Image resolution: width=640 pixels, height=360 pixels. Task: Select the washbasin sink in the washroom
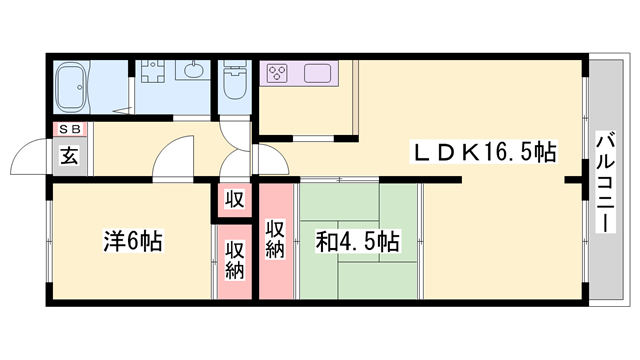(191, 71)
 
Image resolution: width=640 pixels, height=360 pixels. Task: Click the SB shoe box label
(70, 130)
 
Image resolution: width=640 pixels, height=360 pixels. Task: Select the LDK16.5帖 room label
(485, 153)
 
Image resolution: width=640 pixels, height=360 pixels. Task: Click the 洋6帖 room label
(134, 241)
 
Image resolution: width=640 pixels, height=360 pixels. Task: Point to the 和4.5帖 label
(359, 241)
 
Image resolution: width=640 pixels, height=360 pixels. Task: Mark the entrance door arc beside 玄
(27, 157)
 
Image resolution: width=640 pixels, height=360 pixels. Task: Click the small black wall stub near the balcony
(572, 181)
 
